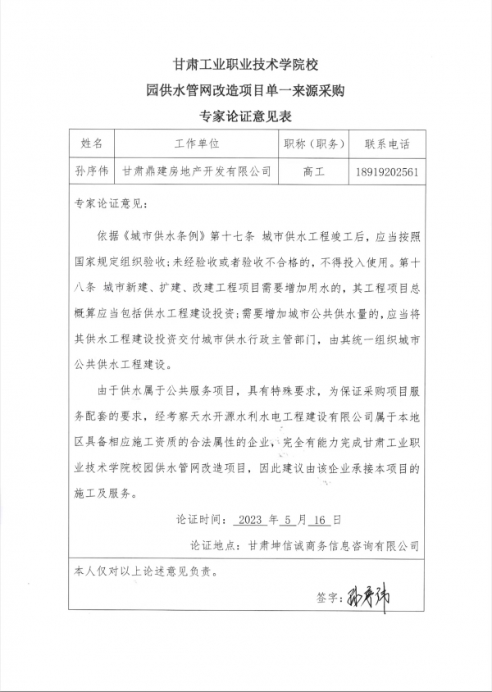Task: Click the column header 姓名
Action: pos(92,144)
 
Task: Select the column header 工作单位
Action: pos(198,144)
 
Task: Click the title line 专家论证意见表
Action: pos(246,116)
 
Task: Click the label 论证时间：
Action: pos(199,519)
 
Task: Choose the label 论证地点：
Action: pos(214,544)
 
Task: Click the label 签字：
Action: pos(328,599)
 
